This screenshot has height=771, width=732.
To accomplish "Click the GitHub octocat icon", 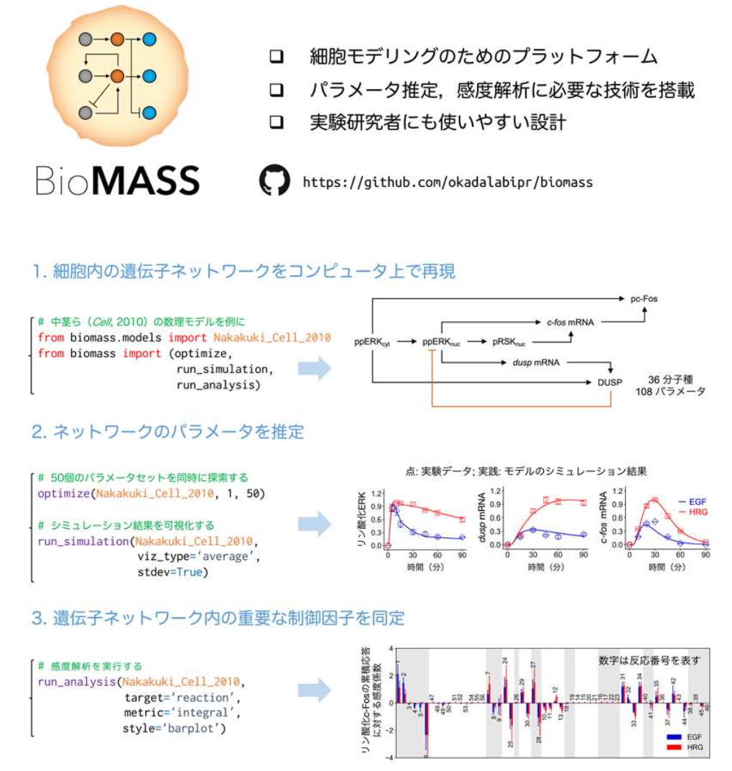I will coord(274,180).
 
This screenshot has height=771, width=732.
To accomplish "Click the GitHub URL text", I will coord(448,182).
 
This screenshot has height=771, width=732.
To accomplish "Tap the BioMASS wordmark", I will coord(118,180).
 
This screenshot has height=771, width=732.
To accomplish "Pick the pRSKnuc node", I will coord(510,343).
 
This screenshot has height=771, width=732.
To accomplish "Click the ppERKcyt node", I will coord(372,343).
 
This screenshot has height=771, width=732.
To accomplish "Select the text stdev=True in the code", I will coord(171,573).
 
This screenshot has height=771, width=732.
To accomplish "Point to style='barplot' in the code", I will coord(174,729).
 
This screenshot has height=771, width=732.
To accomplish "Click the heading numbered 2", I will coord(168,432).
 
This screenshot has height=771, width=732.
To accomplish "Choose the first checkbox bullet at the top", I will coord(277,56).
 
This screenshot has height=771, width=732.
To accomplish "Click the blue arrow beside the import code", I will coord(314,369).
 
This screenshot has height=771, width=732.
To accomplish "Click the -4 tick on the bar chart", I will coord(390,757).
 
